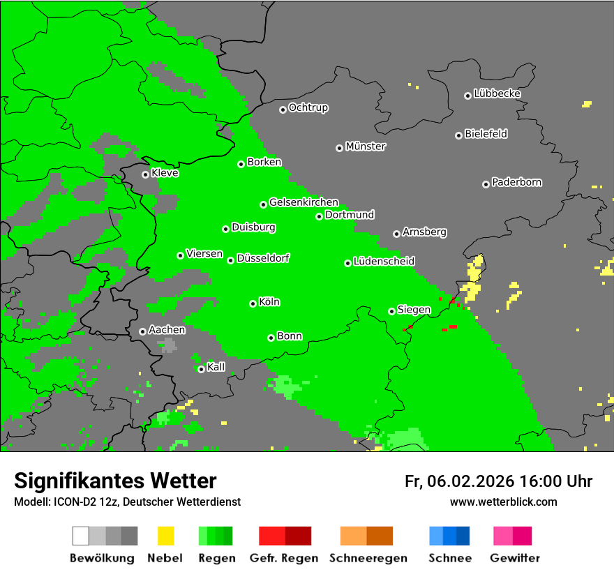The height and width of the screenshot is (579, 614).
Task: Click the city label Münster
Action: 366,146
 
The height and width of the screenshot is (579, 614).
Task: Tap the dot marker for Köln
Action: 253,303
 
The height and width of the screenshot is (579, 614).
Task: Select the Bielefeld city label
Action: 486,134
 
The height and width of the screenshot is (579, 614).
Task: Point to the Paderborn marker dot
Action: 486,184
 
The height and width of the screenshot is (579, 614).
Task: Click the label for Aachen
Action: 167,330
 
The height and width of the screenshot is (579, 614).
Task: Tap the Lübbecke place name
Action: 497,93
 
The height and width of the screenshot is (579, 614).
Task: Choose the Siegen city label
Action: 414,310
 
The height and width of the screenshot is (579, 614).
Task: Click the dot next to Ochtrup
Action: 283,109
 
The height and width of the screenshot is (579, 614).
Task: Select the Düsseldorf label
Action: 263,258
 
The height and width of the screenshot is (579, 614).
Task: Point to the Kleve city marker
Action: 145,174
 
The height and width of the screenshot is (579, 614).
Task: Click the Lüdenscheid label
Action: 384,262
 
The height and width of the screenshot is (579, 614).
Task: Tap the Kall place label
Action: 216,367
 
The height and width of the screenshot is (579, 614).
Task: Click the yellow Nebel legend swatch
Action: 165,536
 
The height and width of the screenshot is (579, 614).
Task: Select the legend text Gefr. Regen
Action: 284,558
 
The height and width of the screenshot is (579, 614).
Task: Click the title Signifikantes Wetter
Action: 115,481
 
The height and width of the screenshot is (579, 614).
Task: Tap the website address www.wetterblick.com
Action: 503,502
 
